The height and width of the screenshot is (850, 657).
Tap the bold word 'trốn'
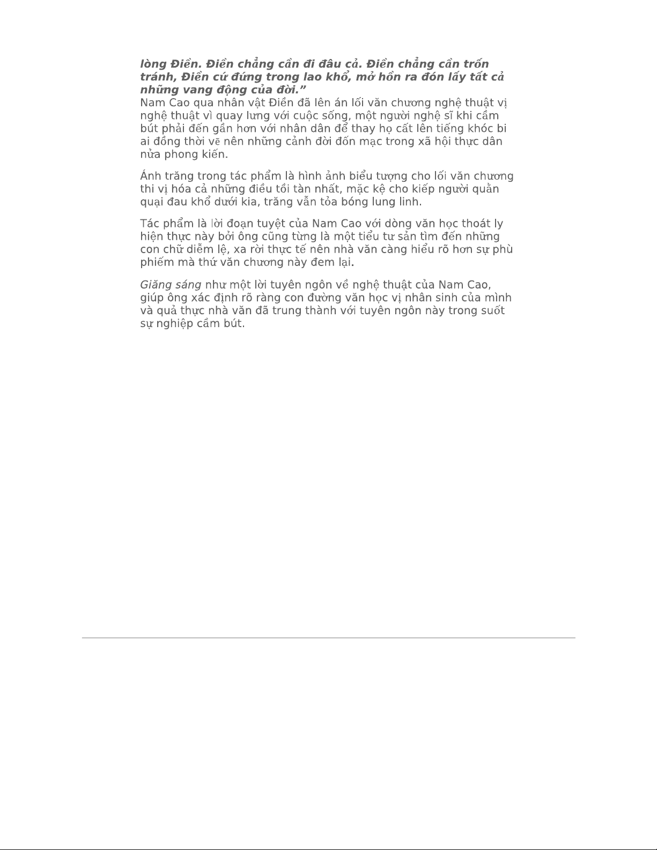click(x=476, y=64)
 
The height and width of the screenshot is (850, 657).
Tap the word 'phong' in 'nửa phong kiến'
click(x=180, y=155)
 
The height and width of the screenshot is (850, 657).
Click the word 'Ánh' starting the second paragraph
click(x=151, y=176)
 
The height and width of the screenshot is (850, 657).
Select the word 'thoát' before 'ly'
click(x=476, y=224)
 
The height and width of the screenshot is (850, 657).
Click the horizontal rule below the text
click(x=328, y=638)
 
